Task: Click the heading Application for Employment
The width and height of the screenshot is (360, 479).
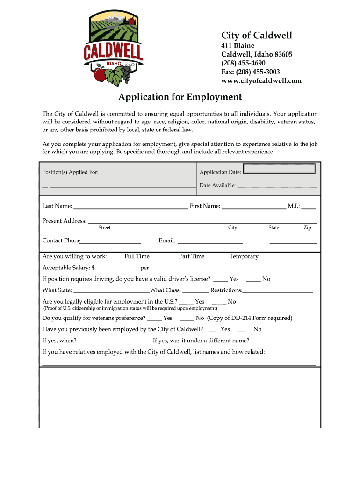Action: tap(180, 97)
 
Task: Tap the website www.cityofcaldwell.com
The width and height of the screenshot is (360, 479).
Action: tap(261, 81)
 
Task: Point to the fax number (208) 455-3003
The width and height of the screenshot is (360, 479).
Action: tap(250, 72)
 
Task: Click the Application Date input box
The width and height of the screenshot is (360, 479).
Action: tap(279, 169)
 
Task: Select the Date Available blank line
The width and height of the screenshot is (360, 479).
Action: tap(276, 187)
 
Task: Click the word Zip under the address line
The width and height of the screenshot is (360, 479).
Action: tap(307, 228)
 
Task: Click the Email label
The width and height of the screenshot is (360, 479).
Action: tap(167, 241)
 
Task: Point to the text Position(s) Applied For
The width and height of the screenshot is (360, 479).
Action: tap(71, 172)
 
